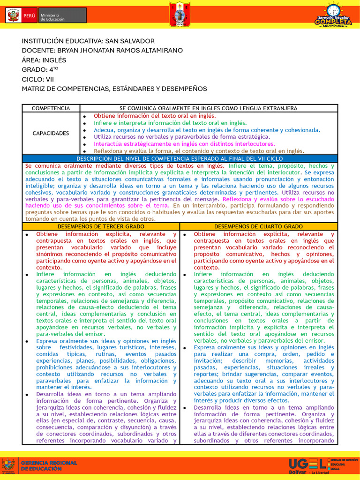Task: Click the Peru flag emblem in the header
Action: coord(13,15)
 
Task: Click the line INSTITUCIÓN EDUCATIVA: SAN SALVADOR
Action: coord(88,41)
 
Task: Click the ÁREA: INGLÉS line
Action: coord(44,60)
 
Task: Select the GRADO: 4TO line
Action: coord(40,69)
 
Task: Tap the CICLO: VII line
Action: coord(38,79)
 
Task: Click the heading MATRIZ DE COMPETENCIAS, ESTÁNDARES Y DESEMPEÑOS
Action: coord(114,89)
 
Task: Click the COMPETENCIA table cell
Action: coord(51,108)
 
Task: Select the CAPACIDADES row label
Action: coord(51,133)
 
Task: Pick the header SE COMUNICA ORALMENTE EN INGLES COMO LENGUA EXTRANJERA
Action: coord(209,108)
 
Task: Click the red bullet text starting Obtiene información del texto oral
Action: coord(155,116)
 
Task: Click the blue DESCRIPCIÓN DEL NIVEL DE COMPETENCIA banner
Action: coord(180,159)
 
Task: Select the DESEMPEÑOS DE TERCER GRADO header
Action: coord(101,226)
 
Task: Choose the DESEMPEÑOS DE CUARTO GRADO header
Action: coord(258,226)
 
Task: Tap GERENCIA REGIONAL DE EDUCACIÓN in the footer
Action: coord(48,465)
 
